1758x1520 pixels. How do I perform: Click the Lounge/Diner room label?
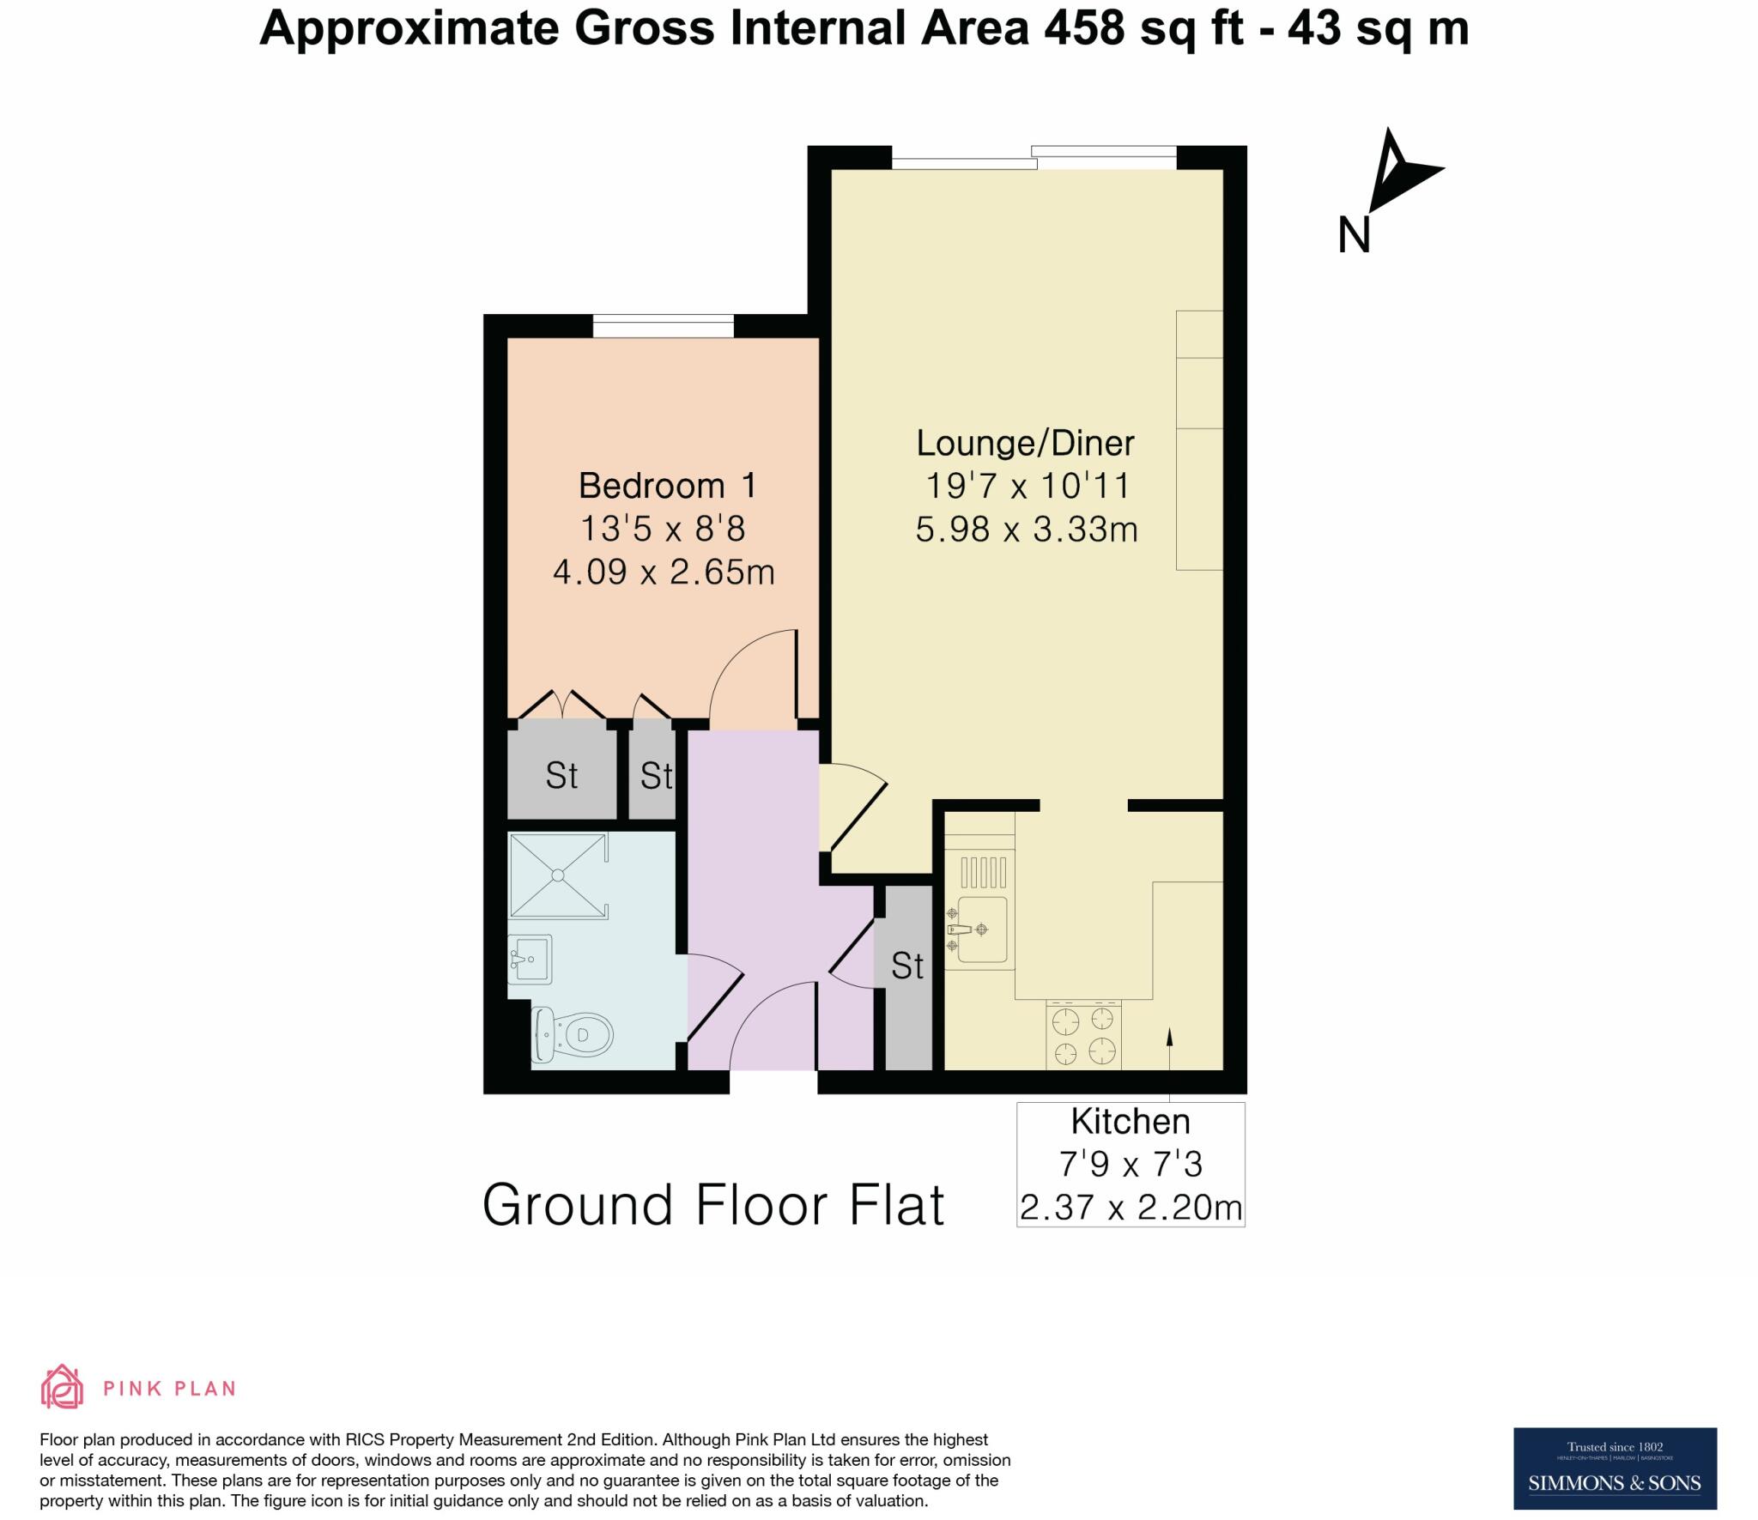(x=1025, y=444)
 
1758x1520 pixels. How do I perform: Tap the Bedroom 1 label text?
(x=667, y=487)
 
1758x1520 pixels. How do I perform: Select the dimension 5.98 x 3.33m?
(x=1026, y=530)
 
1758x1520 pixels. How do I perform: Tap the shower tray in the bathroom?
(x=558, y=875)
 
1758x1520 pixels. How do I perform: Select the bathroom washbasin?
(x=530, y=959)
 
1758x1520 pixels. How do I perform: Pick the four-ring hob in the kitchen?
(x=1083, y=1035)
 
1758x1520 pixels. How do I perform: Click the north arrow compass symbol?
(x=1399, y=172)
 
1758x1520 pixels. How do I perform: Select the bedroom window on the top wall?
(x=663, y=326)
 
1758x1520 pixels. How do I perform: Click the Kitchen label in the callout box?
(x=1130, y=1122)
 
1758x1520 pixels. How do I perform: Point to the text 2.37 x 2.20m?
(x=1130, y=1208)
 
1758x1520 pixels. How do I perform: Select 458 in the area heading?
(x=1084, y=28)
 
